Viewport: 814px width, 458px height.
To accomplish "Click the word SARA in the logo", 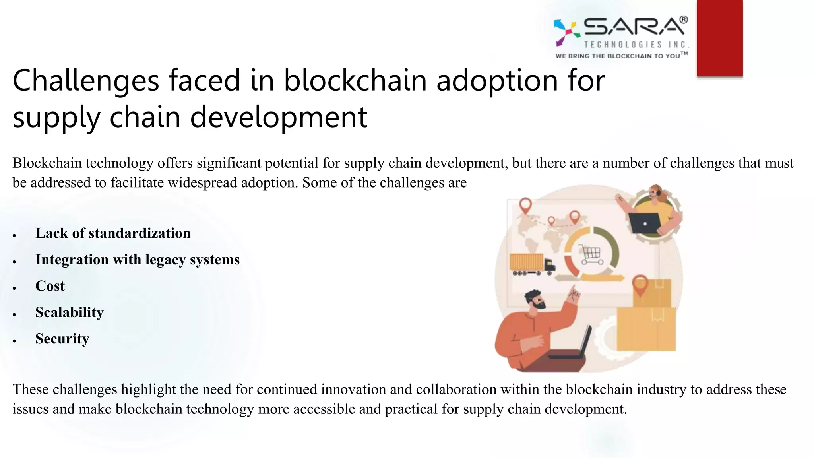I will click(x=635, y=27).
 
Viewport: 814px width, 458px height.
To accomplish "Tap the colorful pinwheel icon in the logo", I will click(x=567, y=32).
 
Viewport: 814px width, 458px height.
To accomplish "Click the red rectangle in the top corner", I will click(x=719, y=38).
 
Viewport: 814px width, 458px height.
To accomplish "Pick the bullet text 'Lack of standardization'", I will click(x=113, y=233).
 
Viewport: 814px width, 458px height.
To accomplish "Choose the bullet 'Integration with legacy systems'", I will click(x=138, y=260).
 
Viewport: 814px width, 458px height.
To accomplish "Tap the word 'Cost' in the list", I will click(x=50, y=286).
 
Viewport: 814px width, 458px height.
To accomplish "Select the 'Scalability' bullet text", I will click(x=70, y=312).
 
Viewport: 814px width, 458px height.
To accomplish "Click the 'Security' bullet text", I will click(x=62, y=339).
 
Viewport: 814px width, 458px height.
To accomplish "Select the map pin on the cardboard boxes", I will click(x=640, y=285).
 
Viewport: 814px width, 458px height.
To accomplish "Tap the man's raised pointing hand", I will click(x=574, y=295).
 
